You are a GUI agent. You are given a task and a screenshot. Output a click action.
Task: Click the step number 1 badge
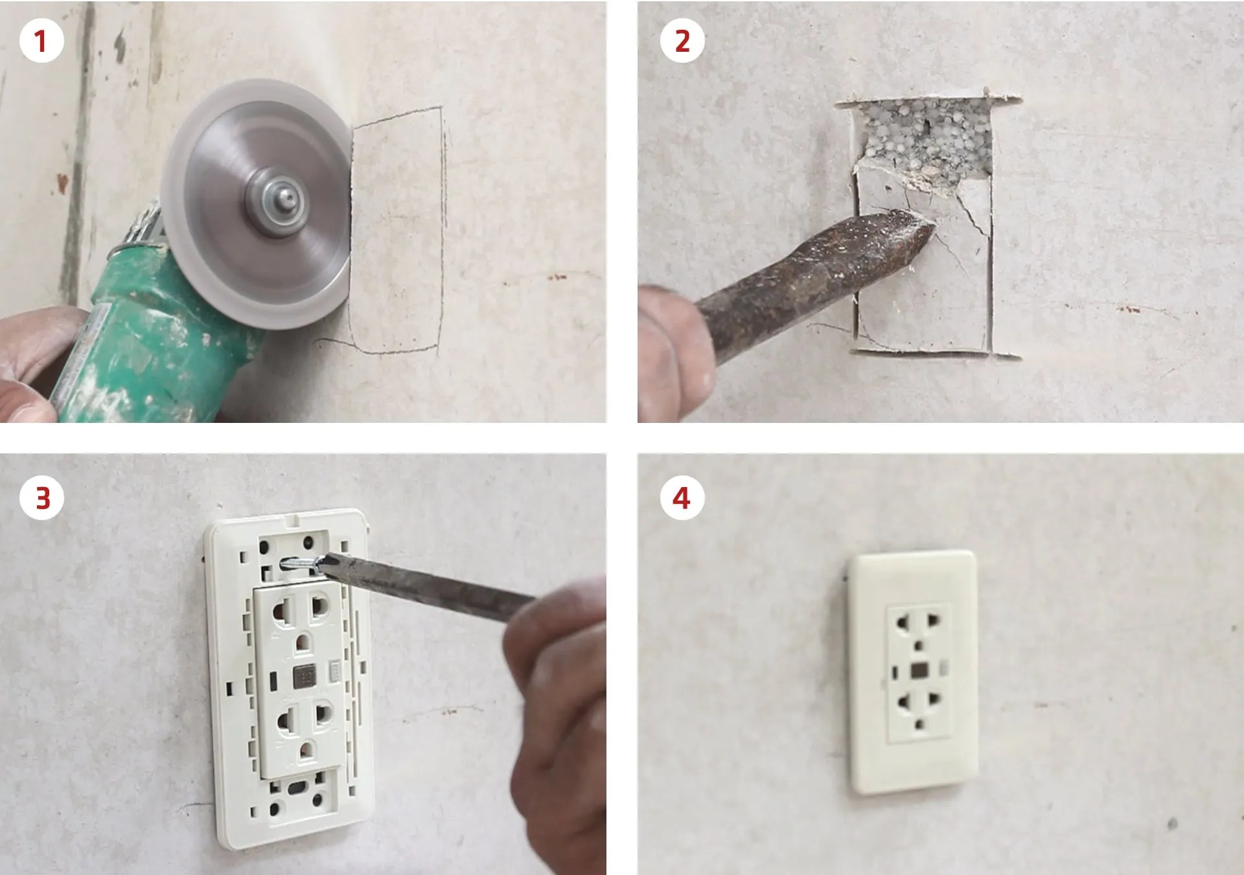click(x=41, y=41)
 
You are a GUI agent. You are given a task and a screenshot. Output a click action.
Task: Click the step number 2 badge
click(x=682, y=41)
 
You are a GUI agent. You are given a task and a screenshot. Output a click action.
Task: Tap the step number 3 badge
click(x=41, y=498)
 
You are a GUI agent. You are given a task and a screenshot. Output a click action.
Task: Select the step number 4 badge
click(x=682, y=498)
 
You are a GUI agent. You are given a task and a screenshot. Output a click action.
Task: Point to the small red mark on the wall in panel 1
click(x=557, y=277)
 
